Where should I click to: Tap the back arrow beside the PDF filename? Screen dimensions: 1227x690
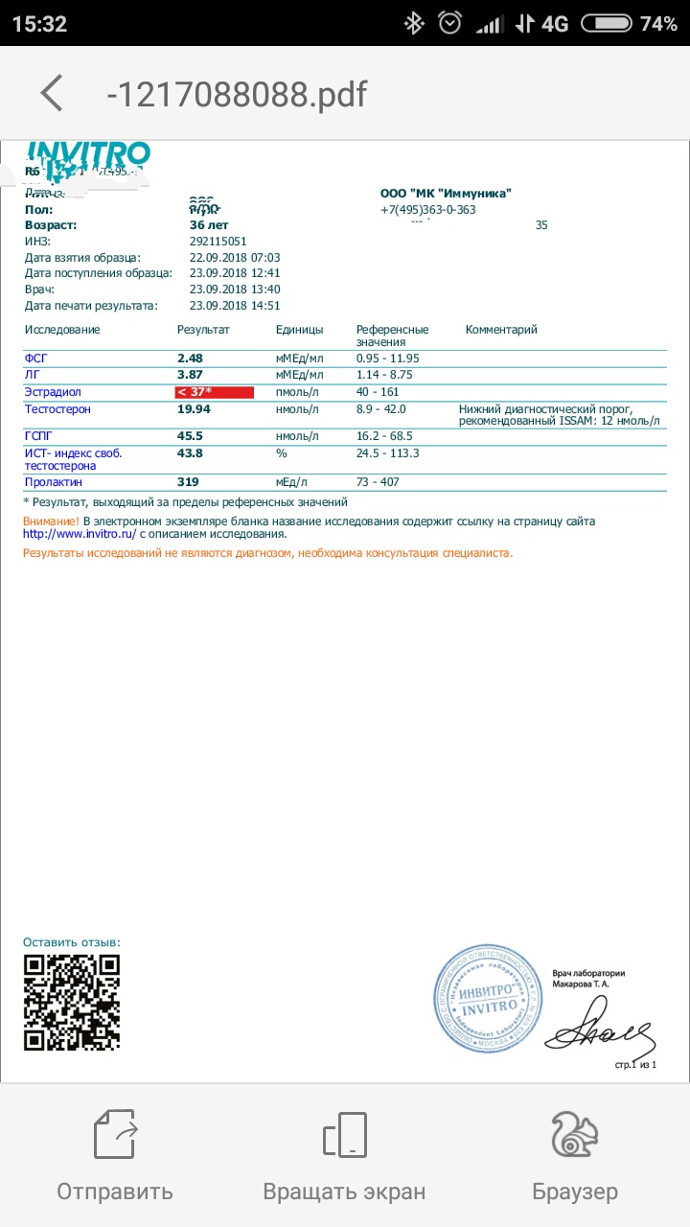[x=52, y=94]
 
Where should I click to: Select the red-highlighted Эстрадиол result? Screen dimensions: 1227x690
[x=214, y=392]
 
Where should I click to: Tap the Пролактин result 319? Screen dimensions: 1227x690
[x=188, y=482]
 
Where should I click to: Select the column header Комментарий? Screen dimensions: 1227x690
[x=501, y=330]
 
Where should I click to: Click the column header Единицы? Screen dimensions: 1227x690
[x=299, y=330]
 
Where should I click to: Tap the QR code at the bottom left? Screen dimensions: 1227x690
[x=72, y=1003]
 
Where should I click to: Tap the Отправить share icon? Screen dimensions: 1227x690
[x=114, y=1135]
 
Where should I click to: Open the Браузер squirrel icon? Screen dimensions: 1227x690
[x=575, y=1135]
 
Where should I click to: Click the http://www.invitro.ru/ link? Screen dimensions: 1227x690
[x=80, y=534]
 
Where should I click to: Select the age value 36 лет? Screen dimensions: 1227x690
[x=208, y=225]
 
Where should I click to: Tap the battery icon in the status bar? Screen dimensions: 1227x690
[x=606, y=24]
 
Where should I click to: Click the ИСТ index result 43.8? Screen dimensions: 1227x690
[x=191, y=453]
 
